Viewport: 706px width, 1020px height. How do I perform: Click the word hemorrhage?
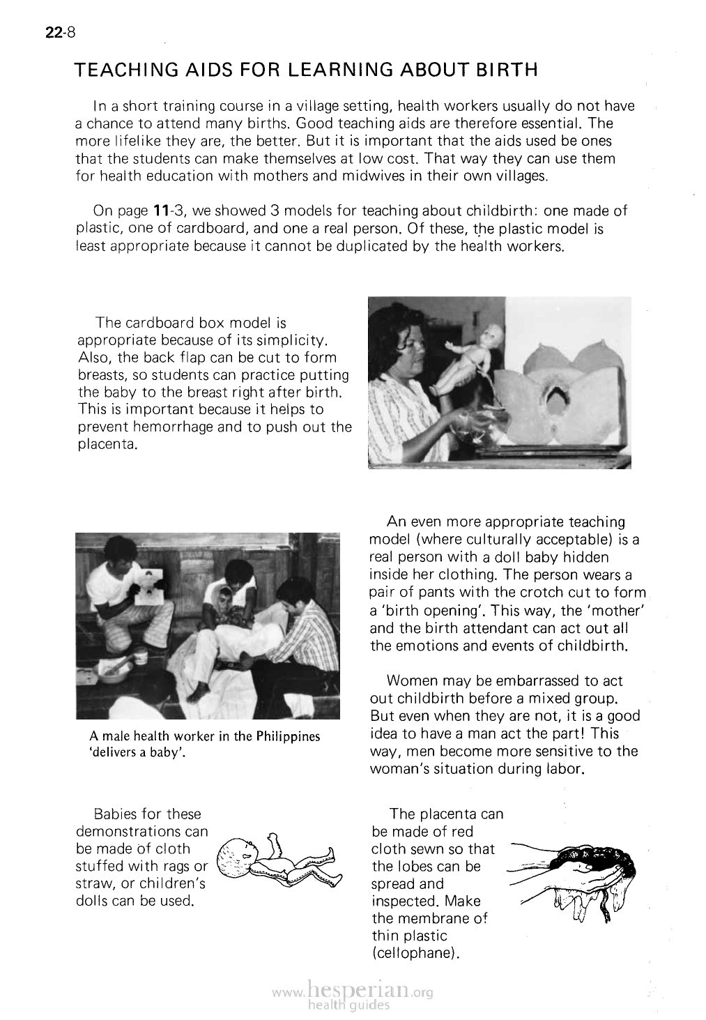(x=176, y=427)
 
